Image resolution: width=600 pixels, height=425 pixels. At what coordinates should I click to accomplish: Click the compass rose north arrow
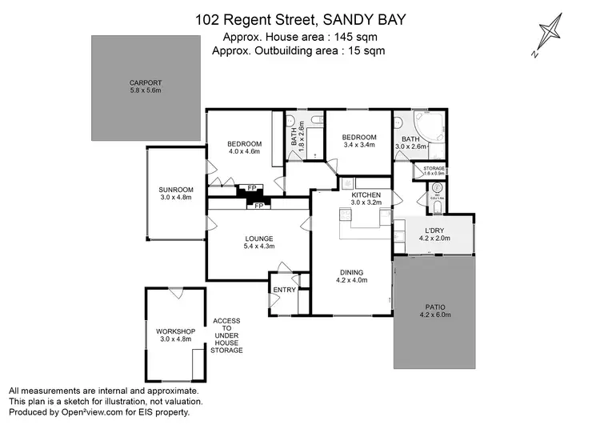click(550, 36)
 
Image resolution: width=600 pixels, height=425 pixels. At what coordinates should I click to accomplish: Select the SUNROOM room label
click(176, 189)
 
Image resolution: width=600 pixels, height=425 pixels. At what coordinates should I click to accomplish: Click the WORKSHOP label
click(176, 331)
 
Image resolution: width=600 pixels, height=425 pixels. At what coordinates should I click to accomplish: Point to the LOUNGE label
click(258, 239)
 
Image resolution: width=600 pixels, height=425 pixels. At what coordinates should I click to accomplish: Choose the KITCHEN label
click(366, 194)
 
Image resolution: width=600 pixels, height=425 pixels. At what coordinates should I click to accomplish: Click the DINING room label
click(352, 272)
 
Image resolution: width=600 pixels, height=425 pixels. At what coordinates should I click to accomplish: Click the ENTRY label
click(284, 290)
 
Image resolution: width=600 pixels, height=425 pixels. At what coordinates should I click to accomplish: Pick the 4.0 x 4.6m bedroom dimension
click(245, 150)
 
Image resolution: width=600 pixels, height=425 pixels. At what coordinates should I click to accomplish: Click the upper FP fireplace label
click(251, 188)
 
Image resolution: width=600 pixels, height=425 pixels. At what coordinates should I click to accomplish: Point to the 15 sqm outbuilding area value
click(365, 50)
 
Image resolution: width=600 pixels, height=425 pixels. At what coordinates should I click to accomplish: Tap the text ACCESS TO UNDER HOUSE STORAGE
click(226, 336)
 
